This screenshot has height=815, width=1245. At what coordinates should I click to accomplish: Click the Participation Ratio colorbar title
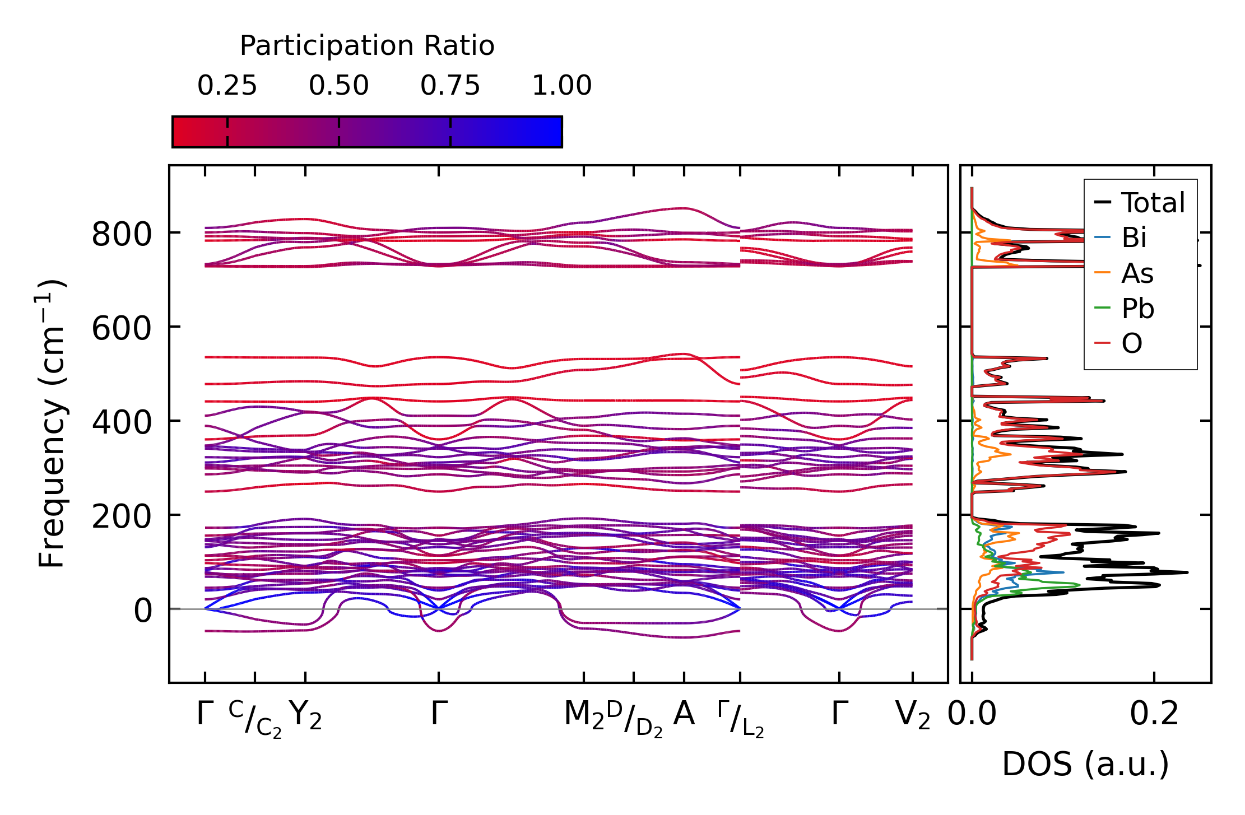tap(367, 46)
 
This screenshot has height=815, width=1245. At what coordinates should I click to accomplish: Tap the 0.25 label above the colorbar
tap(227, 86)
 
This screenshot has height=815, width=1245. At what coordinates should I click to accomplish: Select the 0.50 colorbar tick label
tap(338, 86)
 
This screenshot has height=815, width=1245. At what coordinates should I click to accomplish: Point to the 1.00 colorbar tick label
tap(561, 86)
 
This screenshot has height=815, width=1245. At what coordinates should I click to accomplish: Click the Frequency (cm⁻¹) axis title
tap(52, 423)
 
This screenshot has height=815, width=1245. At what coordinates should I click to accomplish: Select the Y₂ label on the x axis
tap(305, 715)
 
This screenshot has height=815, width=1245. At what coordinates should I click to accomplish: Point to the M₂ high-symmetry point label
tap(584, 715)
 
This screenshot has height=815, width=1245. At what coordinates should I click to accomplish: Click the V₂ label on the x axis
tap(913, 715)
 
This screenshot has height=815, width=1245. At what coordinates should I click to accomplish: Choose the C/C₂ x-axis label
tap(255, 719)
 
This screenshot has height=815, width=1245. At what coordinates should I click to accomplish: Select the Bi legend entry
tap(1133, 238)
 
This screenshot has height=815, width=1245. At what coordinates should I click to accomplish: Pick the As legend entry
tap(1137, 273)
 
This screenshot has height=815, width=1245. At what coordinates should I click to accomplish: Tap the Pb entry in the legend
tap(1137, 309)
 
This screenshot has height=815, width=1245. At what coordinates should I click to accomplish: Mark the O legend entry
tap(1131, 343)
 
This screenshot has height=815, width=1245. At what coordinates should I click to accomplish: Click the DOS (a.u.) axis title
tap(1085, 765)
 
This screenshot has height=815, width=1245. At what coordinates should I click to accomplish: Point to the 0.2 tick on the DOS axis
tap(1154, 714)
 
